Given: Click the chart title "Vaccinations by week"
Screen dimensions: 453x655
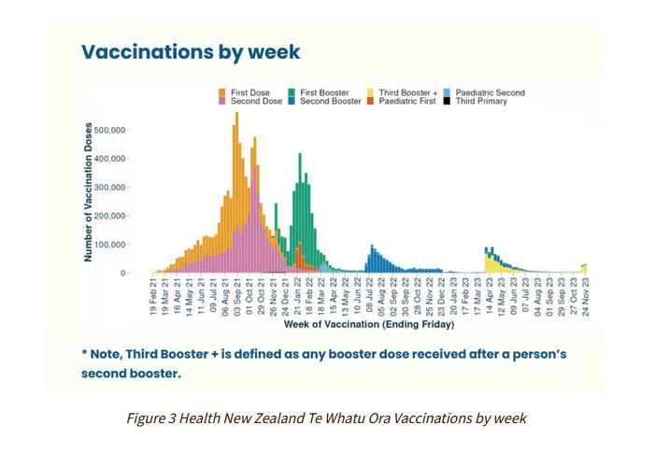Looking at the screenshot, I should tap(191, 51).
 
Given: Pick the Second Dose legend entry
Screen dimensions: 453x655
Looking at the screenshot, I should tap(252, 101).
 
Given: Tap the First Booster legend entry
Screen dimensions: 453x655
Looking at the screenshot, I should tap(322, 92).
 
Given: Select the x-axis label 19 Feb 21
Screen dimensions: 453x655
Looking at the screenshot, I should tap(153, 297).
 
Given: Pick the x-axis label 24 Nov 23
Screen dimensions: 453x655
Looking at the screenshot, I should tap(586, 297).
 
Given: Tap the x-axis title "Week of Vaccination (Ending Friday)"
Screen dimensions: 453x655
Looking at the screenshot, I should tap(369, 326).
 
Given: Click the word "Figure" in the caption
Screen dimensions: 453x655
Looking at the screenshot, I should tap(145, 418).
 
